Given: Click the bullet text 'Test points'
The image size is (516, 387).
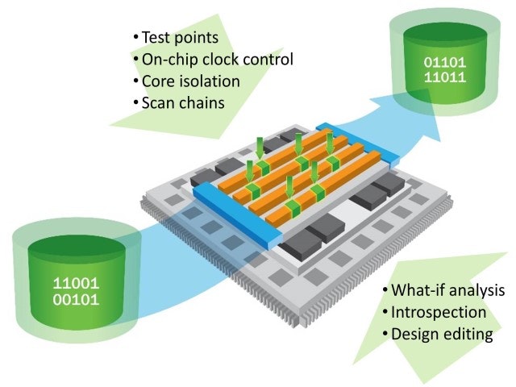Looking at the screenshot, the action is [x=180, y=37].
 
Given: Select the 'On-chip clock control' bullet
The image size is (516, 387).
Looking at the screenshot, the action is [x=217, y=60].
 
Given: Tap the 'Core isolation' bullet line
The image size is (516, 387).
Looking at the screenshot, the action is [x=190, y=81].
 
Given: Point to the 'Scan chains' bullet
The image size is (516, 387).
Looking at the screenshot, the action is [x=183, y=102].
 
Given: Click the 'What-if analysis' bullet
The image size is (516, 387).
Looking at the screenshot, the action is [x=447, y=290].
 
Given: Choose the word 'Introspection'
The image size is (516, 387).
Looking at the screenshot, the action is [x=439, y=312].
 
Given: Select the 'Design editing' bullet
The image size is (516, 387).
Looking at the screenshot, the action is [x=442, y=335].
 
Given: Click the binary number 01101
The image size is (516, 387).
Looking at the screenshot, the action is [x=445, y=63].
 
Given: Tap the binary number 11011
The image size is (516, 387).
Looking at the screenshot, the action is [x=445, y=77].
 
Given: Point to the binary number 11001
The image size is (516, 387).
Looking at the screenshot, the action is [x=76, y=283].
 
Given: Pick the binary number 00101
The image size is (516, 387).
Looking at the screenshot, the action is [x=76, y=300].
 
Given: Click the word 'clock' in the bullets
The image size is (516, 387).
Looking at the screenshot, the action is [x=220, y=60].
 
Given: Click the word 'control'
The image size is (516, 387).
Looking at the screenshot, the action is [x=268, y=60].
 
